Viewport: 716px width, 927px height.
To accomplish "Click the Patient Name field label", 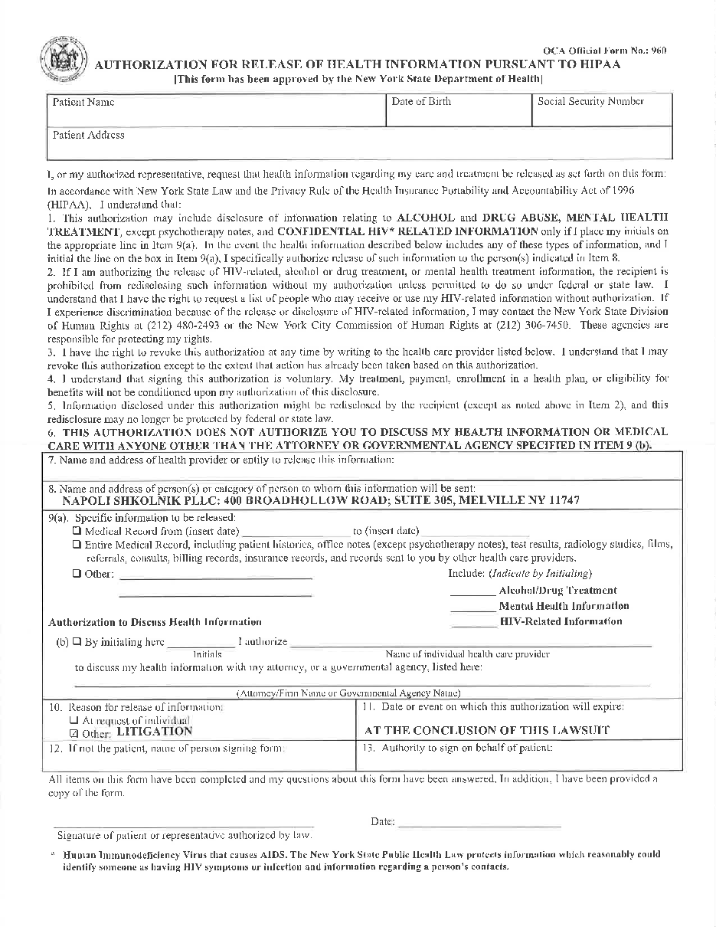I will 83,102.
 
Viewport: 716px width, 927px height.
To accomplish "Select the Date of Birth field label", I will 421,101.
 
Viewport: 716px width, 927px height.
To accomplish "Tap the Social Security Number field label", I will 590,101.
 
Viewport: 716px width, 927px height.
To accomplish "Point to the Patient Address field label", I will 89,135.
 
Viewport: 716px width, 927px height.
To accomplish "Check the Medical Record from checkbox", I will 77,530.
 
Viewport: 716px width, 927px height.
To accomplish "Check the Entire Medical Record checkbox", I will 77,544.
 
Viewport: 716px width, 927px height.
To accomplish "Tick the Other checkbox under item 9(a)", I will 77,574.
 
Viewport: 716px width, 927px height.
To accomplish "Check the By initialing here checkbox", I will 77,642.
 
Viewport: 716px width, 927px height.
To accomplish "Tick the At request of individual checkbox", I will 74,720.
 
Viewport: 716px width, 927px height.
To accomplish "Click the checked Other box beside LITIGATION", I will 74,732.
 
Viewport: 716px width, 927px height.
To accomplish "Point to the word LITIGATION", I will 154,732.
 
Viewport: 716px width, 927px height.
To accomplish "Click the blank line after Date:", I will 479,826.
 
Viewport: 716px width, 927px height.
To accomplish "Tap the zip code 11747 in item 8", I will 561,500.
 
